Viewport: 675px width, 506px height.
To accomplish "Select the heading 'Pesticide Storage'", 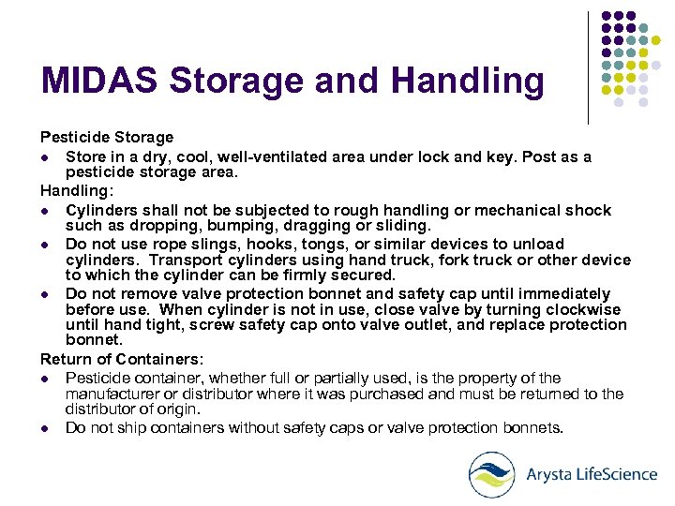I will click(x=106, y=137).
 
